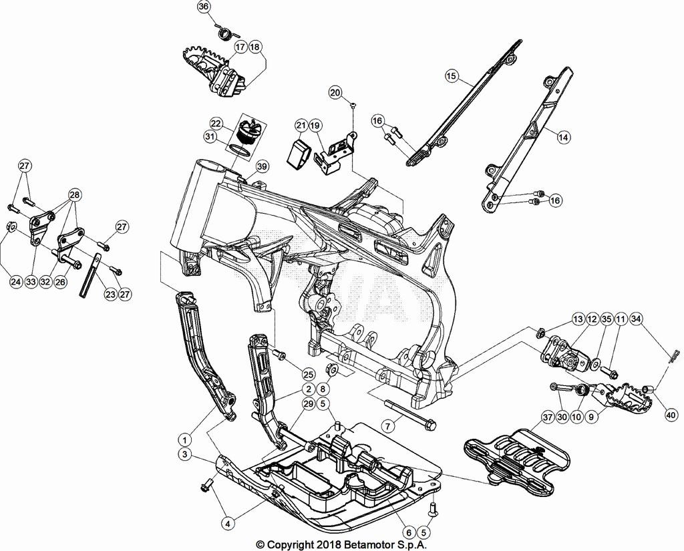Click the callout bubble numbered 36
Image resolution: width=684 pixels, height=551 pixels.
[204, 7]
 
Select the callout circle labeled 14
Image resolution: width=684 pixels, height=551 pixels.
[564, 137]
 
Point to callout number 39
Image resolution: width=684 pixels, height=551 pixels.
[261, 166]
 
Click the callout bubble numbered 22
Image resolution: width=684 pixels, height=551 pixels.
[216, 124]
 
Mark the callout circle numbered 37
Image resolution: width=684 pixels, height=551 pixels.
[547, 418]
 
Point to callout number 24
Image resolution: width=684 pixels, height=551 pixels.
[15, 282]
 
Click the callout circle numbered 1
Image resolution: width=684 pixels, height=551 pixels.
[184, 440]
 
